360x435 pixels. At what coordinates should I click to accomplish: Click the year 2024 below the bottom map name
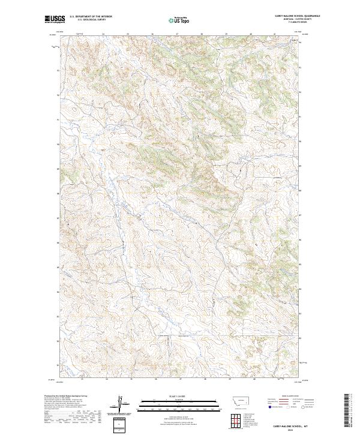point(286,428)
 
